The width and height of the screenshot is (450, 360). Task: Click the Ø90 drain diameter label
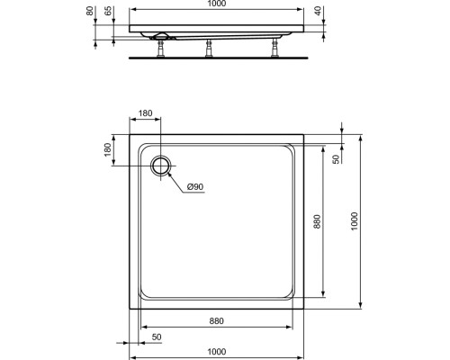pyautogui.click(x=195, y=187)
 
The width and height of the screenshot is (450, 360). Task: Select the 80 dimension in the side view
pyautogui.click(x=89, y=11)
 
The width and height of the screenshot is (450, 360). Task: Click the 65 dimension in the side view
pyautogui.click(x=108, y=11)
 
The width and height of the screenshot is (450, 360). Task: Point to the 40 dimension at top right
pyautogui.click(x=318, y=11)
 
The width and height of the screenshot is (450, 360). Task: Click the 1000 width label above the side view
pyautogui.click(x=216, y=4)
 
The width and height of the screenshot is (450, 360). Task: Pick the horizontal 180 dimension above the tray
pyautogui.click(x=145, y=113)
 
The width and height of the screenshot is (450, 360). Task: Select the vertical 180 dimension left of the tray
pyautogui.click(x=107, y=149)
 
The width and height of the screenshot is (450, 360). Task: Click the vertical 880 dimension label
pyautogui.click(x=317, y=221)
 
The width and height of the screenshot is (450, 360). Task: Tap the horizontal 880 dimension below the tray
pyautogui.click(x=216, y=321)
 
